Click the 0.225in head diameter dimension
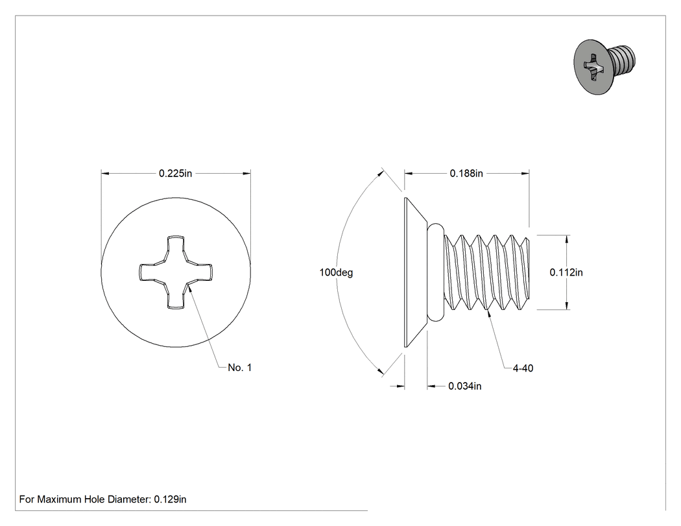click(175, 173)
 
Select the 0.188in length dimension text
click(466, 173)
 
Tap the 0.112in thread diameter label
click(566, 272)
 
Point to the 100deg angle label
click(336, 272)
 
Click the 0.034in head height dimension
click(465, 386)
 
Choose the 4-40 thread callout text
click(523, 368)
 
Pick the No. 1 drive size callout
click(240, 368)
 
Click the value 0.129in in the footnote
click(170, 499)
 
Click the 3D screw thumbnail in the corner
click(604, 66)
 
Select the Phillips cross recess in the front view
click(176, 272)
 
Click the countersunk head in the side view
click(416, 272)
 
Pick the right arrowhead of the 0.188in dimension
click(525, 173)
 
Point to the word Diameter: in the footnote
click(130, 499)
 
